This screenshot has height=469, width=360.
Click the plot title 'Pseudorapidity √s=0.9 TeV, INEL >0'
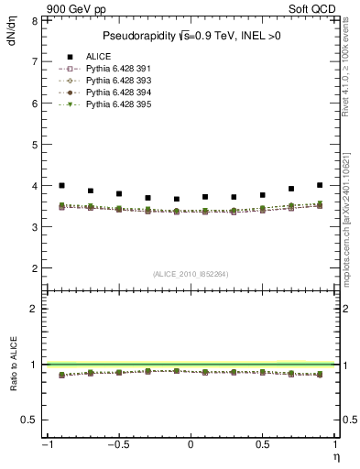tap(190, 35)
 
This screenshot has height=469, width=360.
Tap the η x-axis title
tap(335, 456)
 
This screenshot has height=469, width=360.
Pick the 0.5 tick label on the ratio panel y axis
tap(28, 420)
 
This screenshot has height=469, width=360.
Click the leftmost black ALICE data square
tap(61, 185)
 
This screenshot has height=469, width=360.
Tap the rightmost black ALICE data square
tap(320, 185)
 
